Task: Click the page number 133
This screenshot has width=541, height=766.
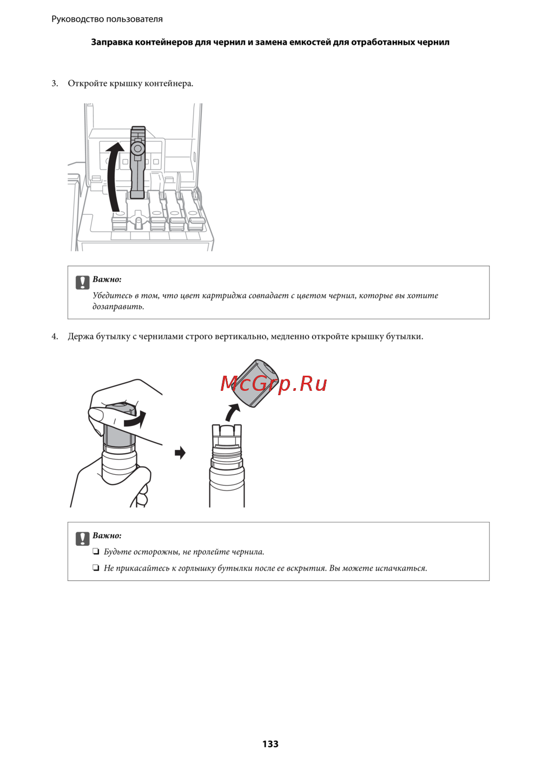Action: (270, 744)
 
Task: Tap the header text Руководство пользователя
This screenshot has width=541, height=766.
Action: (107, 19)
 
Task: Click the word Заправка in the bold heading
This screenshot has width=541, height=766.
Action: (112, 42)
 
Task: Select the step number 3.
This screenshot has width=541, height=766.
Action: (55, 83)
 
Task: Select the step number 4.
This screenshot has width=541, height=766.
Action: (55, 337)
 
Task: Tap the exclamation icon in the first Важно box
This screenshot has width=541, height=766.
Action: (82, 282)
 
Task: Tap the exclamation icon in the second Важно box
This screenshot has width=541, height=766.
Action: (82, 539)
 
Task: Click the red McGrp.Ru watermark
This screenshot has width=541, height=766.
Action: (273, 383)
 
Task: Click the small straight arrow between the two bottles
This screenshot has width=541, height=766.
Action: (180, 453)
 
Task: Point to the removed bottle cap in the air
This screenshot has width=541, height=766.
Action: (255, 383)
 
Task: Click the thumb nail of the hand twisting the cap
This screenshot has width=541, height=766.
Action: (98, 416)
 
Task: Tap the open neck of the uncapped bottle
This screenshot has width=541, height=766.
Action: (227, 434)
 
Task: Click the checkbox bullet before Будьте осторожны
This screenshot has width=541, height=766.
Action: (96, 552)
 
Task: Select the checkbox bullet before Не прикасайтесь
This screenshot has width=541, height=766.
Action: (96, 568)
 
